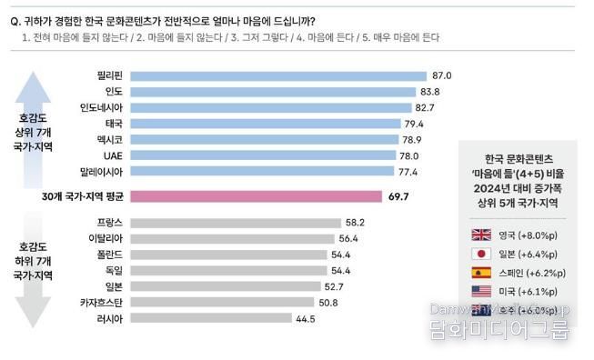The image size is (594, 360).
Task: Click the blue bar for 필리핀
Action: point(277,75)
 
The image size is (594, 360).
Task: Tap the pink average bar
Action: point(255,195)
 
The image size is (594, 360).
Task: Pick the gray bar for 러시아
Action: point(211,318)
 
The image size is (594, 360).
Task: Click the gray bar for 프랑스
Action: point(233,222)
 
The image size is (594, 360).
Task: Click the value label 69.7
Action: point(399,195)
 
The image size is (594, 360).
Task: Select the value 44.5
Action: point(307,318)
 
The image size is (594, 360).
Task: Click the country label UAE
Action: point(113,156)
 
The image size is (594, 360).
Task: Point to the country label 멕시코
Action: point(109,140)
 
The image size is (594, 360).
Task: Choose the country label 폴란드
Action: point(109,254)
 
